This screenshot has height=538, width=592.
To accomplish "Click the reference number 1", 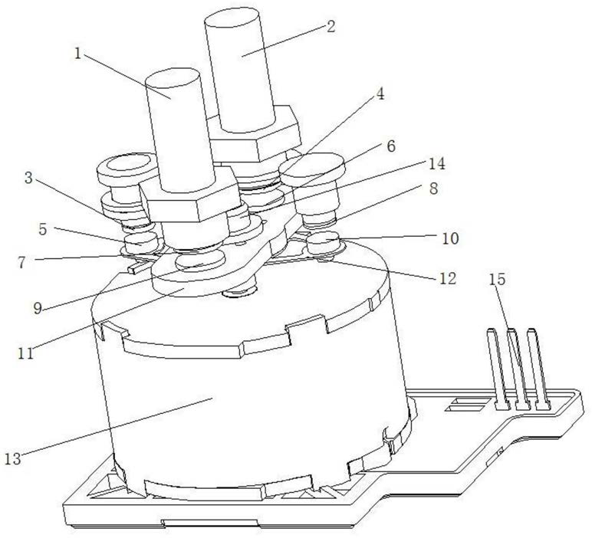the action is (x=78, y=54).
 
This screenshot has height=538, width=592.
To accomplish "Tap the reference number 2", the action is (x=331, y=26).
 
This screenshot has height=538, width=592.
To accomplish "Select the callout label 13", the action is (x=13, y=459).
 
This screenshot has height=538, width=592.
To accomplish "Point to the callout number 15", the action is (x=497, y=279).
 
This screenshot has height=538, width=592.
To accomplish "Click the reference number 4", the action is (x=380, y=94).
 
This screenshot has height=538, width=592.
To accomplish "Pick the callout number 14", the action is (x=436, y=164).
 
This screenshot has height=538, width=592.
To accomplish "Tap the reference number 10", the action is (x=450, y=238).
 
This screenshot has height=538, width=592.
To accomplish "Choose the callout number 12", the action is (x=448, y=278).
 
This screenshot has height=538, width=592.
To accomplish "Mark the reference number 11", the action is (x=25, y=353).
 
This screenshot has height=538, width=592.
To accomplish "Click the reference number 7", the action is (x=22, y=263).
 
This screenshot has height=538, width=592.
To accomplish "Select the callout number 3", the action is (x=28, y=178).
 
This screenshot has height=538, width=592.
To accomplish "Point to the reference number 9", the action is (x=38, y=308).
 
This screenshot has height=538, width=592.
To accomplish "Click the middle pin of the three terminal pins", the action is (x=517, y=369).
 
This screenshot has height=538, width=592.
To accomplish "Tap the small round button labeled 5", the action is (x=141, y=242).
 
